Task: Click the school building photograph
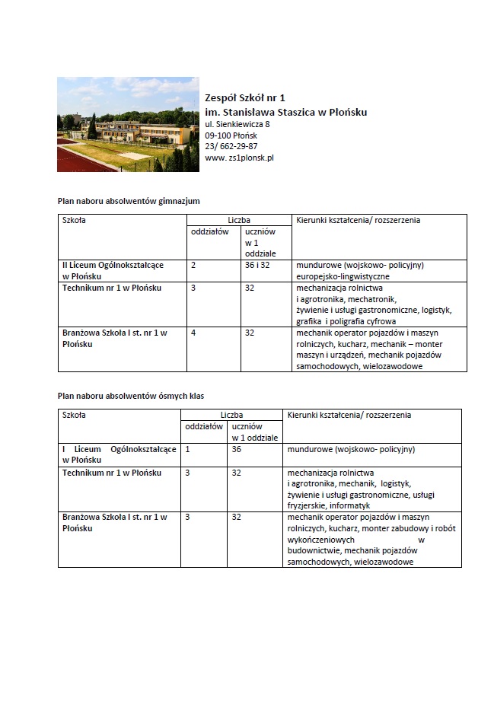[127, 124]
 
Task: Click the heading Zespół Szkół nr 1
[245, 97]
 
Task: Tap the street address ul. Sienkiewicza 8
[237, 123]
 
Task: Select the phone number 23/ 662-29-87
[231, 146]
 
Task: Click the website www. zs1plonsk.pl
[239, 158]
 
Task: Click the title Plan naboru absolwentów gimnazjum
[129, 200]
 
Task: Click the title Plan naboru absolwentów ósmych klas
[131, 396]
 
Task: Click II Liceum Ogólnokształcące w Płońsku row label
[113, 270]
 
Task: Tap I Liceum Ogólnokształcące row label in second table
[119, 454]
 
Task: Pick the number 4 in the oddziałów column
[193, 333]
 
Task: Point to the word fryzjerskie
[309, 505]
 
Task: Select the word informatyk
[351, 505]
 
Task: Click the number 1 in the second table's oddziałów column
[187, 449]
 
